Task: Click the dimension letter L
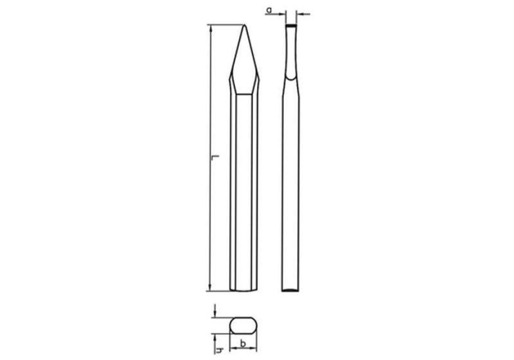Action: pyautogui.click(x=217, y=157)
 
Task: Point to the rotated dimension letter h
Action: pyautogui.click(x=220, y=350)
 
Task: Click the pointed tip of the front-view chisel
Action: pyautogui.click(x=244, y=26)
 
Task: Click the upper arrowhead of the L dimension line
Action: pyautogui.click(x=209, y=29)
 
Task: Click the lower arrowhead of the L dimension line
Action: pyautogui.click(x=209, y=287)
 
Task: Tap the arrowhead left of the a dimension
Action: pyautogui.click(x=283, y=12)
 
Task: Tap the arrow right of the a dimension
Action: pyautogui.click(x=301, y=12)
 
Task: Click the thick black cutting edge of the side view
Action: pyautogui.click(x=292, y=26)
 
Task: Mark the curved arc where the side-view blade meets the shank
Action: pyautogui.click(x=292, y=78)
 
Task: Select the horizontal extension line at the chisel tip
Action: pyautogui.click(x=225, y=25)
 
